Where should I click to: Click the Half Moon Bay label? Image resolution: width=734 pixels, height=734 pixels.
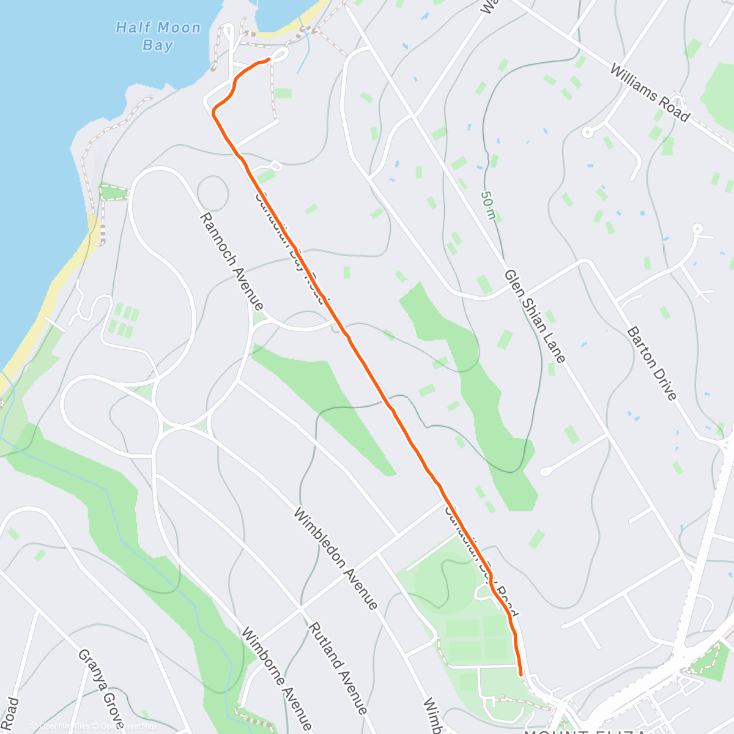pyautogui.click(x=158, y=36)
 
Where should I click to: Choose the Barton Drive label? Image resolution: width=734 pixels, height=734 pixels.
pyautogui.click(x=652, y=364)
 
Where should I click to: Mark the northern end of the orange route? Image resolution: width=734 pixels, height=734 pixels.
pyautogui.click(x=269, y=59)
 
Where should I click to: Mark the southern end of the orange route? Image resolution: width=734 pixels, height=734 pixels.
pyautogui.click(x=521, y=675)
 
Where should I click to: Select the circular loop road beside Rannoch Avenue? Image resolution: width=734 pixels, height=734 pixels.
pyautogui.click(x=213, y=193)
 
